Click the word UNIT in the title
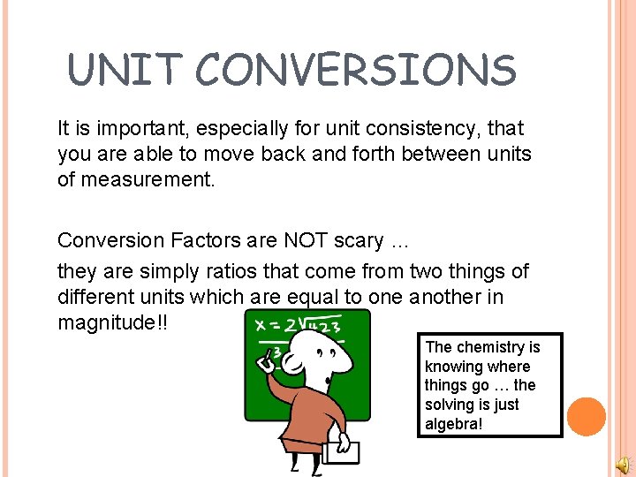tap(124, 70)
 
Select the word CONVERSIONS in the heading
tap(353, 70)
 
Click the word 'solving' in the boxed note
tap(449, 405)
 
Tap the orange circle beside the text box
tap(586, 416)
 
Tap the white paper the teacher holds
tap(341, 453)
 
